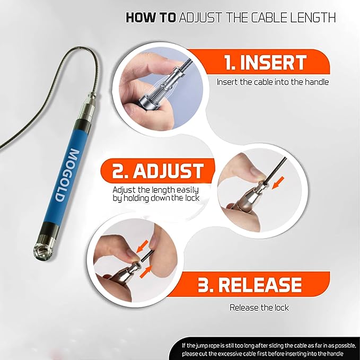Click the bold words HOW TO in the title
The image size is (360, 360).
[x=151, y=17]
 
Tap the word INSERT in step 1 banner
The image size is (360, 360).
[x=273, y=63]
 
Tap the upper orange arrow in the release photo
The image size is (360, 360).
[x=141, y=245]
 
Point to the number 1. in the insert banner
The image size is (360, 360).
[x=231, y=63]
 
